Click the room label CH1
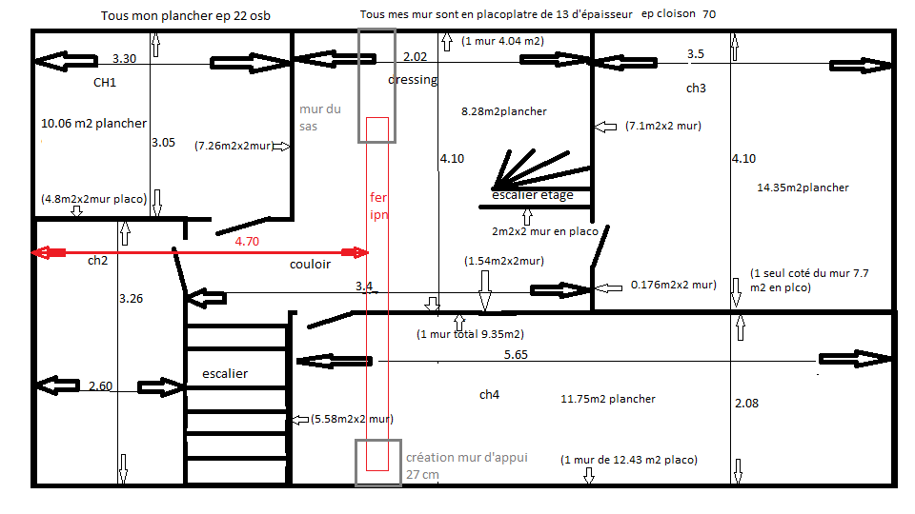click(x=105, y=83)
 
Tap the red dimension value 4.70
click(x=247, y=241)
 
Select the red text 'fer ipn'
click(x=378, y=206)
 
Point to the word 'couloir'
click(x=310, y=264)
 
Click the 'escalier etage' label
click(x=532, y=194)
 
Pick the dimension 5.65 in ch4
click(x=516, y=354)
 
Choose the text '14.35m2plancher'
click(x=803, y=188)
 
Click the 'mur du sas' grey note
click(x=320, y=118)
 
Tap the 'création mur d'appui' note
click(x=467, y=458)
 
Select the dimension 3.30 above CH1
click(x=124, y=58)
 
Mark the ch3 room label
click(x=696, y=88)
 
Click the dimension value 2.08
click(x=746, y=404)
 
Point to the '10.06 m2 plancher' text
click(x=94, y=124)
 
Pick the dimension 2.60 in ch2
click(x=100, y=385)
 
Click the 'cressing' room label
click(x=413, y=80)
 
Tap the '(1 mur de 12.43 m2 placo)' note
click(x=628, y=460)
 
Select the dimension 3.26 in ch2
click(x=131, y=298)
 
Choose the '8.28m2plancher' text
click(x=503, y=111)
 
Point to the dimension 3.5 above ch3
click(x=696, y=53)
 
